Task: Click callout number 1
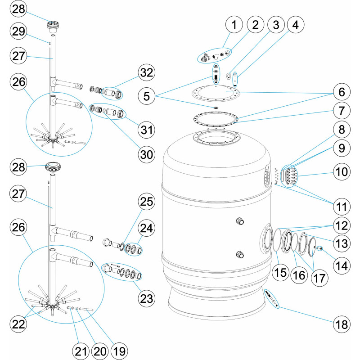pos(234,25)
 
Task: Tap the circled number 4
pos(296,25)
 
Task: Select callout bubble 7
pos(342,111)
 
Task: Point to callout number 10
pos(342,171)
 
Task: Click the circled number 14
pos(342,265)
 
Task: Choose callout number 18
pos(342,324)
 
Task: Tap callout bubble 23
pos(147,299)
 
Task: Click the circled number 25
pos(147,201)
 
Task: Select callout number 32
pos(147,72)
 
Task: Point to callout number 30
pos(147,154)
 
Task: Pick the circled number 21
pos(81,351)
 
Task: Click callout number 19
pos(119,351)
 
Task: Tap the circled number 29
pos(18,31)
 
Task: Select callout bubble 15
pos(280,273)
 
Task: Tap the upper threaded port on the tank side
pos(240,221)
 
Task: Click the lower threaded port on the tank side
pos(240,255)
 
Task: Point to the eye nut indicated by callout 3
pos(229,76)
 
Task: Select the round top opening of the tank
pos(216,138)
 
